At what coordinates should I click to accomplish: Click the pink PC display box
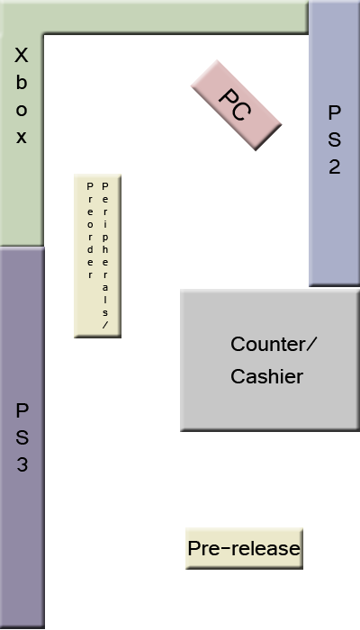click(237, 106)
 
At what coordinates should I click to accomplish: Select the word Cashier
click(266, 377)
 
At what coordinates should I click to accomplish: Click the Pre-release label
click(243, 548)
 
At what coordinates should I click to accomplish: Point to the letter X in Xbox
click(22, 56)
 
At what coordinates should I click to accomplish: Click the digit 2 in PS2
click(334, 166)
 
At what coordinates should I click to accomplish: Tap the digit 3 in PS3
click(22, 465)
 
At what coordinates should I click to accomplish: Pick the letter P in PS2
click(334, 112)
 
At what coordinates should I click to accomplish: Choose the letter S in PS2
click(334, 139)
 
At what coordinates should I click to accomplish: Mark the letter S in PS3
click(22, 438)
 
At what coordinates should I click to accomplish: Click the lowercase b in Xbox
click(22, 83)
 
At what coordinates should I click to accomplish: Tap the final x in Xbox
click(22, 138)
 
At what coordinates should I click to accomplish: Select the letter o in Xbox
click(22, 111)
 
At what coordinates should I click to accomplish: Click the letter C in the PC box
click(241, 111)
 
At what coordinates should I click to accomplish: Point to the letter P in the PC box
click(229, 98)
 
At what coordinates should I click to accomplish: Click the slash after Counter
click(312, 345)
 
